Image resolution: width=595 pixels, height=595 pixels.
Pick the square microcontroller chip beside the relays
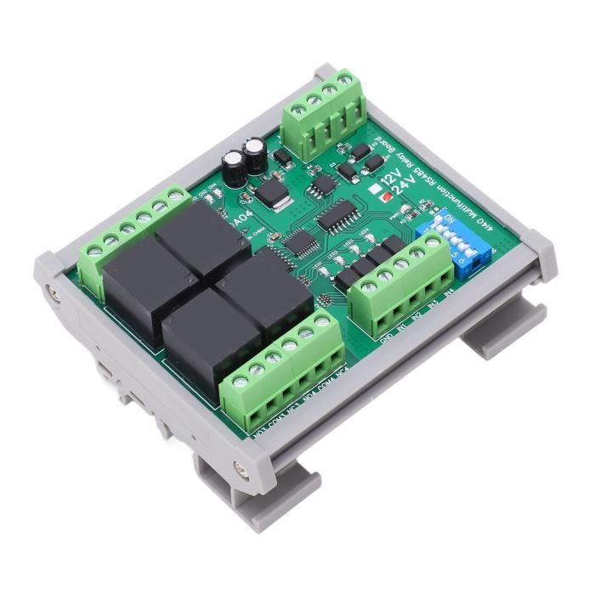tap(297, 241)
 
